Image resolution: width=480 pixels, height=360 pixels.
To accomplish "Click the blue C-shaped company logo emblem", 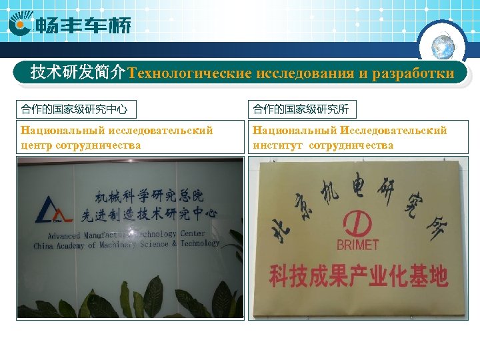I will tap(20, 26).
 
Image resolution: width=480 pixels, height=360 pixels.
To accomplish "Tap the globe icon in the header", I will tap(443, 46).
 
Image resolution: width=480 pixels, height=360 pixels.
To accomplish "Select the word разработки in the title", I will tap(414, 73).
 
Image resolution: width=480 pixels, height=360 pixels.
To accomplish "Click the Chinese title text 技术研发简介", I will tap(78, 73).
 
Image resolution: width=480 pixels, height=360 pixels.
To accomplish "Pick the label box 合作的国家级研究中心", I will tap(74, 109).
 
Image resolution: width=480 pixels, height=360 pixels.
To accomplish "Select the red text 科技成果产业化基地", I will tap(358, 276).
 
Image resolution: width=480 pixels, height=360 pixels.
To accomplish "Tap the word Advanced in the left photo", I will tap(64, 236).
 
